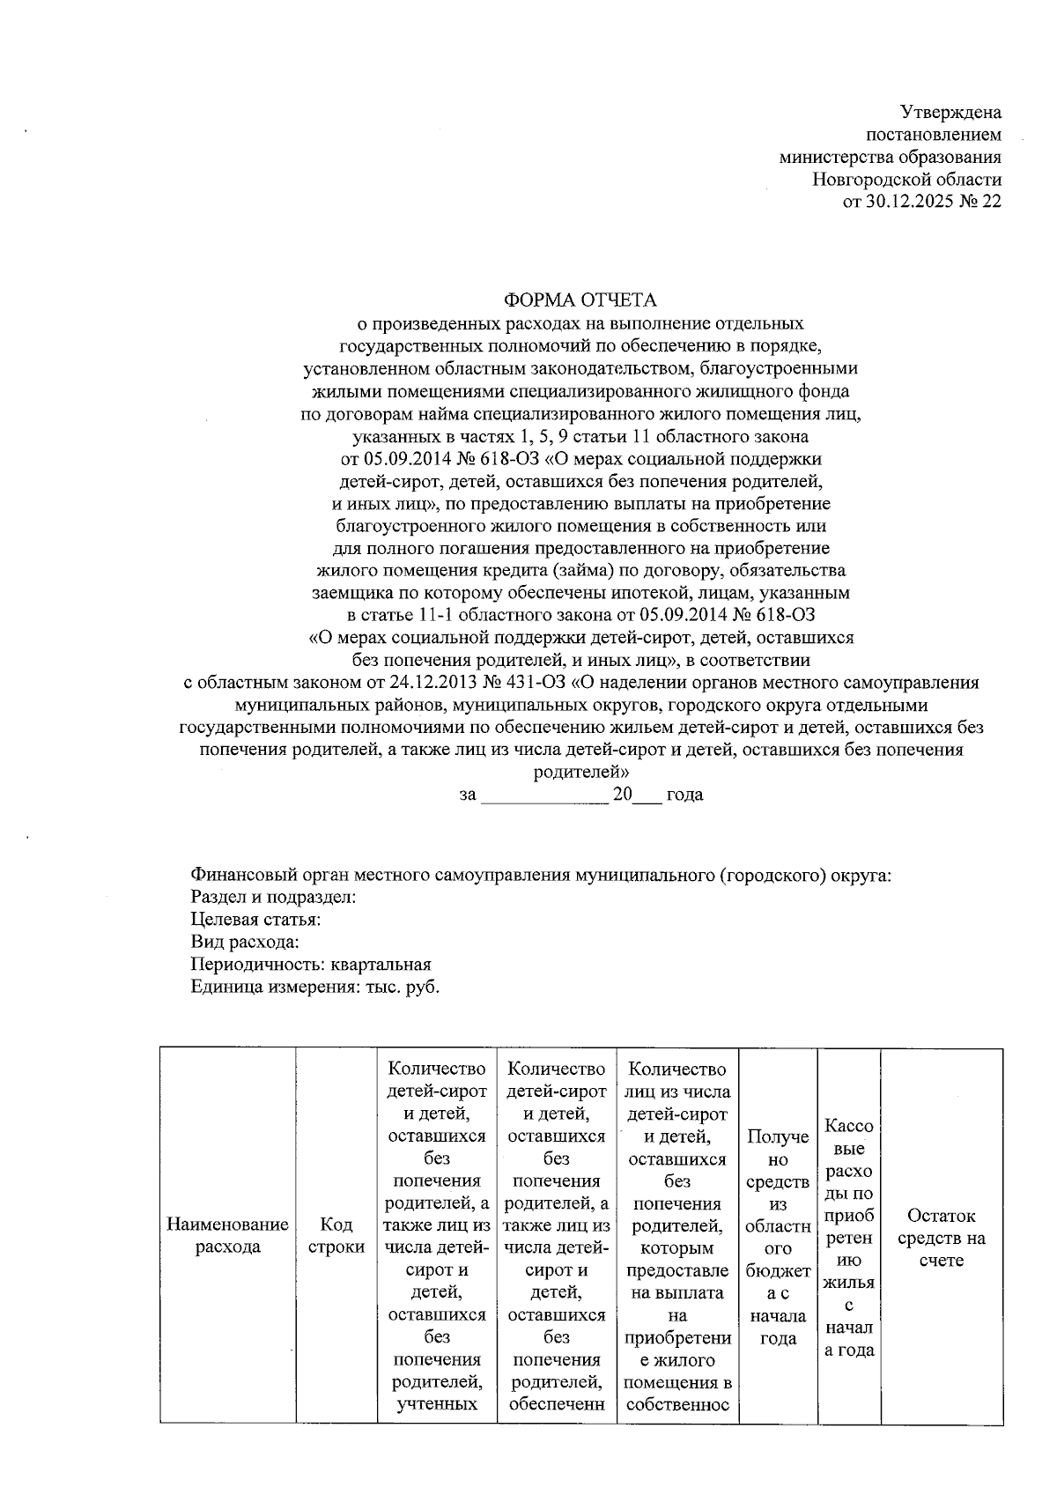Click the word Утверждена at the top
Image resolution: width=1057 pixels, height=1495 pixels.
click(x=950, y=112)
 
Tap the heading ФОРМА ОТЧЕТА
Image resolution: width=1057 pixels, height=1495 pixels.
click(x=580, y=300)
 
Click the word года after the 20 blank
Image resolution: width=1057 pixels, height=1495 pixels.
click(x=684, y=795)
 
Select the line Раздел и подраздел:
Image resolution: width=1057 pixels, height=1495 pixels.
click(x=273, y=898)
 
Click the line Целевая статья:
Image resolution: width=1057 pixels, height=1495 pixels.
click(x=255, y=920)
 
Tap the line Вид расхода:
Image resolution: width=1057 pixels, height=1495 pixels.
click(x=240, y=943)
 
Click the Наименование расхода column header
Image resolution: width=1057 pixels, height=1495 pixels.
click(x=227, y=1236)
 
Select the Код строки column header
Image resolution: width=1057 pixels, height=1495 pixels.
click(x=336, y=1236)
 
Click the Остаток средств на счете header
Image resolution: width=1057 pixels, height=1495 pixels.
click(x=942, y=1238)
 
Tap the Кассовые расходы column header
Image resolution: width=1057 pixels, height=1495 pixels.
click(x=848, y=1238)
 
